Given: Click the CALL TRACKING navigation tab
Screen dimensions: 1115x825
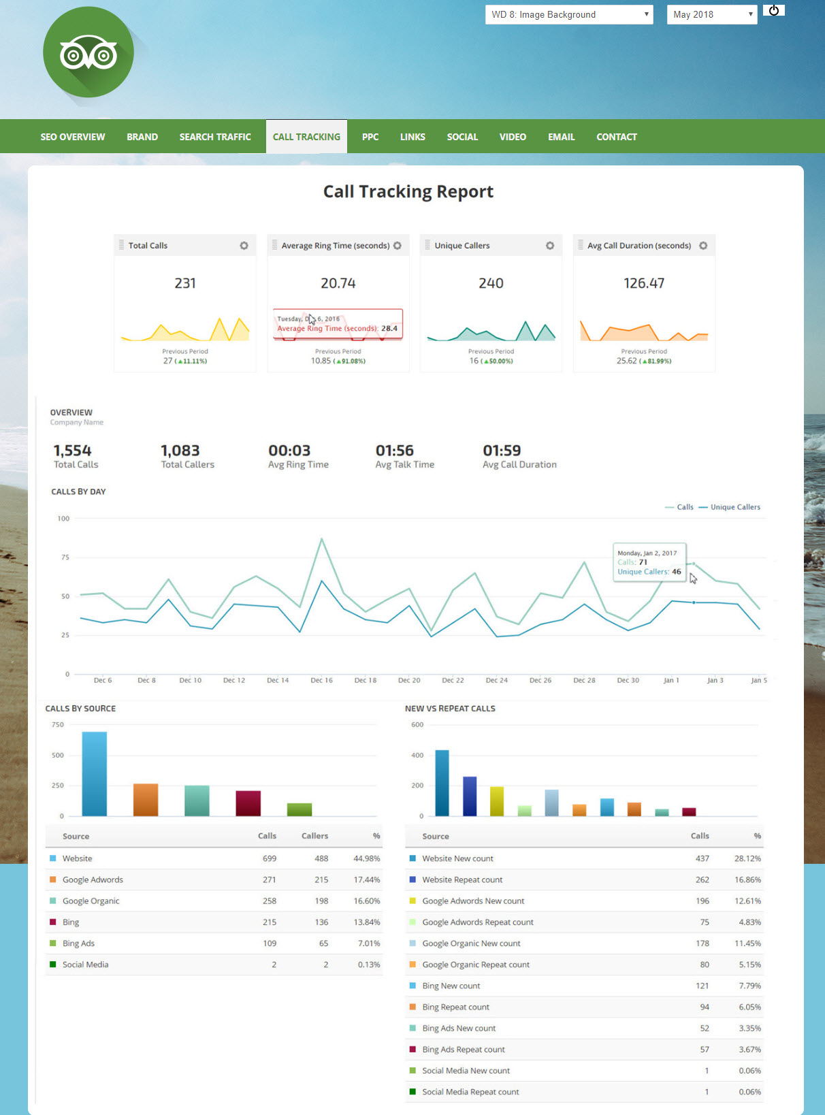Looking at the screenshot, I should (x=306, y=137).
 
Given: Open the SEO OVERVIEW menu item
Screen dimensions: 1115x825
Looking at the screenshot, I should (x=73, y=137).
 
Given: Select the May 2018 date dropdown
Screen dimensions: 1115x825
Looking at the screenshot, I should (x=712, y=14).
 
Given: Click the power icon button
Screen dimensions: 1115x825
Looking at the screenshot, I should (x=774, y=10).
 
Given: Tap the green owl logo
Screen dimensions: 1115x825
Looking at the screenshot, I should (x=88, y=52).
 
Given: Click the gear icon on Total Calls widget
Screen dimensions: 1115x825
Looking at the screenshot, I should (x=244, y=246).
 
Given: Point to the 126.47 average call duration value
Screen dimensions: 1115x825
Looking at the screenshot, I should (x=644, y=283).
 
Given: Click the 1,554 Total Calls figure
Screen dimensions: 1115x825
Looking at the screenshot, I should (x=72, y=451).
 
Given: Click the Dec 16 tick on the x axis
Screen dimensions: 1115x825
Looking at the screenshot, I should (x=321, y=680).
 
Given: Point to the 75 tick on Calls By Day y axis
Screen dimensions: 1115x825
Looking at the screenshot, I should (x=65, y=557).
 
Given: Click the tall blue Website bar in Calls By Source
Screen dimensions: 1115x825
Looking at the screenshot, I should (x=95, y=773).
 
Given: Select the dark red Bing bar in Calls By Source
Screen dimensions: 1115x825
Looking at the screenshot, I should (x=248, y=803).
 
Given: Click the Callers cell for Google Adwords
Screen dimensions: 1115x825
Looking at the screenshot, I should (x=321, y=879).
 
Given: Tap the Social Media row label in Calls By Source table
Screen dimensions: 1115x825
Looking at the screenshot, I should (x=85, y=965).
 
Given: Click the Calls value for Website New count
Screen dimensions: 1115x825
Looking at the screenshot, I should (x=702, y=858).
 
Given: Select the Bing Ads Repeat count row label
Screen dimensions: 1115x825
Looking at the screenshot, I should (x=463, y=1050).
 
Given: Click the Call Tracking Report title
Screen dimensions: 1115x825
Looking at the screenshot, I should (x=408, y=192).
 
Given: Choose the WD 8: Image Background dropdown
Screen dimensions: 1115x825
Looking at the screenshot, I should (x=569, y=14).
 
